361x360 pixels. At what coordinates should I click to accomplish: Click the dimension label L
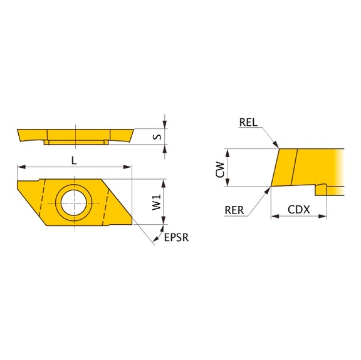click(x=74, y=160)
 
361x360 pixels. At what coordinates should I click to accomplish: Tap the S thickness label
click(x=157, y=137)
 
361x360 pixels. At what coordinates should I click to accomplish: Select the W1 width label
click(x=157, y=202)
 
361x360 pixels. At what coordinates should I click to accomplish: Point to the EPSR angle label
click(x=176, y=238)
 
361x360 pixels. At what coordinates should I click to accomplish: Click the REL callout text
click(x=248, y=122)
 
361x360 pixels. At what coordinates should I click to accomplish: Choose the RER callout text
click(x=234, y=210)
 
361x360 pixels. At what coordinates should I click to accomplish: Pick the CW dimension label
click(x=220, y=170)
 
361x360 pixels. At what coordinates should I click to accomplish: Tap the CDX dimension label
click(x=299, y=210)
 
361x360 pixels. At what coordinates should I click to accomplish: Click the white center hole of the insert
click(x=74, y=203)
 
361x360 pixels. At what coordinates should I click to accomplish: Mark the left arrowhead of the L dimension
click(x=21, y=167)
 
